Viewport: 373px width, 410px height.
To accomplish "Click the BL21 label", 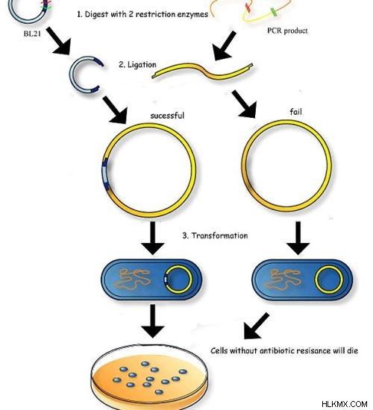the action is click(x=32, y=34).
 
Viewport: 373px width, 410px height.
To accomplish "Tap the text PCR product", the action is click(x=287, y=31).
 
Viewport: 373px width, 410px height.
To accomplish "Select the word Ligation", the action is click(x=142, y=65).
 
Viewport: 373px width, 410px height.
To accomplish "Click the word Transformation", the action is click(x=219, y=236).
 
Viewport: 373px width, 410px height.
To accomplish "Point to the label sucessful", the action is click(x=167, y=116).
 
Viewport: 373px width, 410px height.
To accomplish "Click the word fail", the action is click(x=295, y=112).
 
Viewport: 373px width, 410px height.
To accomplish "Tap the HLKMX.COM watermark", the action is click(x=344, y=404).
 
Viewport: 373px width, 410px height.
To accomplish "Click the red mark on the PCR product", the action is click(x=248, y=7).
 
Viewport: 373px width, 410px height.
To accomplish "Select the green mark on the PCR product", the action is click(x=274, y=12).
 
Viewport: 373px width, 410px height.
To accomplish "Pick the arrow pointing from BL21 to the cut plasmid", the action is click(x=60, y=41).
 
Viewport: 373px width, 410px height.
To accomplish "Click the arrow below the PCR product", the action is click(x=224, y=46).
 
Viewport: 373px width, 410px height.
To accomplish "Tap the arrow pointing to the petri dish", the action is click(x=153, y=321).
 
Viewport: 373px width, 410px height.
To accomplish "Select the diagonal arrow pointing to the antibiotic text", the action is click(x=256, y=327).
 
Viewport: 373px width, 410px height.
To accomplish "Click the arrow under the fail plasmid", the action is click(x=298, y=239).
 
